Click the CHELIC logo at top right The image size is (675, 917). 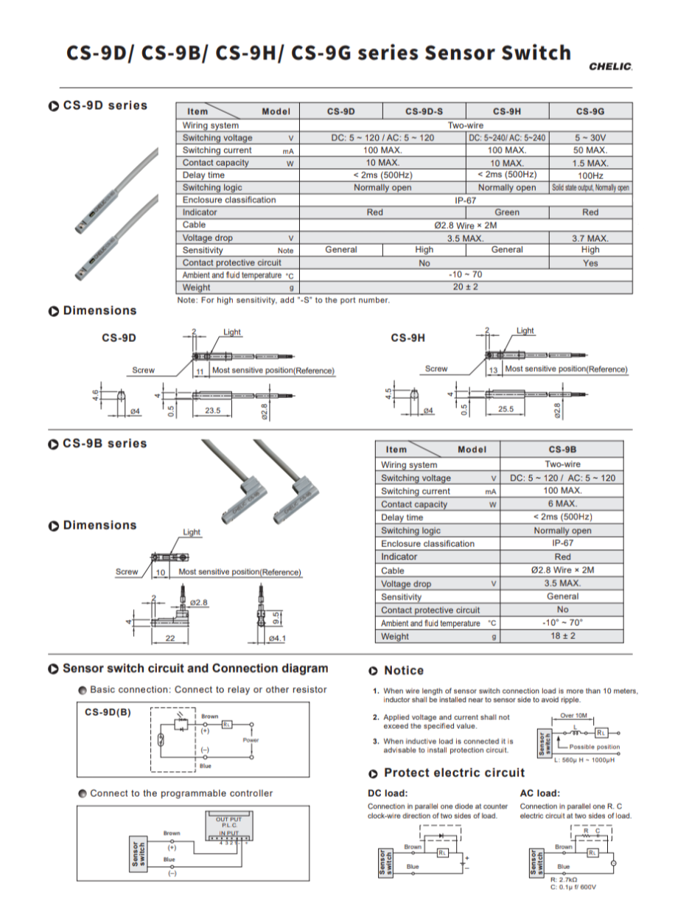[x=611, y=66]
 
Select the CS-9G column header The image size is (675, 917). [x=590, y=111]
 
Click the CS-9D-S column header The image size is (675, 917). [x=424, y=111]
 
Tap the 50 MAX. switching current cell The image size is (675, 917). [x=590, y=150]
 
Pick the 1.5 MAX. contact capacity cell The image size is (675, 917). [x=590, y=163]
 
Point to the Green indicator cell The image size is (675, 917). [x=507, y=212]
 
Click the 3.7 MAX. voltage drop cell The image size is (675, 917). [x=590, y=238]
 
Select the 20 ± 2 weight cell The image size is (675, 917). [x=466, y=287]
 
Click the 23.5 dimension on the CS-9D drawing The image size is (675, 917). [x=212, y=410]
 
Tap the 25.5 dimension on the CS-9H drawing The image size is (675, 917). [x=506, y=410]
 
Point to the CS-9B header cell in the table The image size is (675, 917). [x=562, y=450]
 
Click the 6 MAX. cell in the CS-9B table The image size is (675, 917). [x=562, y=504]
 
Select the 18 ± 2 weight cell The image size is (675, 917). [x=562, y=636]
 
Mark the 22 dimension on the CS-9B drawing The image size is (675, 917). [x=170, y=638]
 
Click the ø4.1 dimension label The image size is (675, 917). [x=277, y=638]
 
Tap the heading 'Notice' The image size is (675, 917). [x=404, y=671]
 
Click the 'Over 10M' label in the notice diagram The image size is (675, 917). [x=573, y=716]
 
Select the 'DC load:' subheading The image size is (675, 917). [x=388, y=793]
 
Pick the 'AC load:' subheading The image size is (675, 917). [x=540, y=793]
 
